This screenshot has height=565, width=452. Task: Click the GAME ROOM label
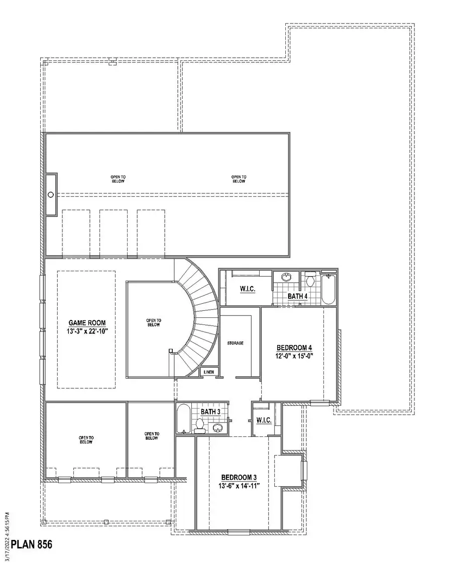(x=87, y=323)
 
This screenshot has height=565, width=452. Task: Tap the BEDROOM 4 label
(x=294, y=348)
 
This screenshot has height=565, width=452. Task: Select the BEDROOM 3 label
(x=239, y=478)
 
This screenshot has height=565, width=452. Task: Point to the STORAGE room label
(x=236, y=343)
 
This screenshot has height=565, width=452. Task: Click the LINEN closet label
(x=209, y=372)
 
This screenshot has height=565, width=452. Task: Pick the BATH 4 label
(x=298, y=296)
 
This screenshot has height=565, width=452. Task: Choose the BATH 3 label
(x=210, y=411)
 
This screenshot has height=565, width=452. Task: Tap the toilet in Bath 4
(x=310, y=279)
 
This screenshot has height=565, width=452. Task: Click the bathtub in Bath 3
(x=183, y=419)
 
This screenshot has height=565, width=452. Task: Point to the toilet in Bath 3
(x=199, y=426)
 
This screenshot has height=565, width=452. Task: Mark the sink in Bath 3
(x=217, y=427)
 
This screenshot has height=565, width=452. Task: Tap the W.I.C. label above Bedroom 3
(x=264, y=420)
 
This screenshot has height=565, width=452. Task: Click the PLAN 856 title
(x=32, y=544)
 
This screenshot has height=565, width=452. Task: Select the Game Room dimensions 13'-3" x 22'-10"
(x=87, y=331)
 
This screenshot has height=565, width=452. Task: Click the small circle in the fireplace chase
(x=51, y=194)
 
